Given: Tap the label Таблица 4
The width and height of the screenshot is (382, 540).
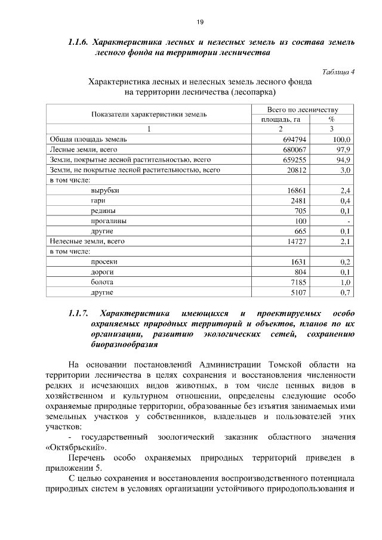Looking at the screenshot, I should [x=338, y=72].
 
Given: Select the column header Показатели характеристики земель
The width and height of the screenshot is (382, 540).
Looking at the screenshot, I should [x=149, y=114].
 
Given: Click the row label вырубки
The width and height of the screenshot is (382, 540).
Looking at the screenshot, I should [x=104, y=190].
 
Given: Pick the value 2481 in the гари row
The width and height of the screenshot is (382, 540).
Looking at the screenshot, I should [x=298, y=200].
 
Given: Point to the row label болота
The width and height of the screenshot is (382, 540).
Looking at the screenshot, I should [x=102, y=282].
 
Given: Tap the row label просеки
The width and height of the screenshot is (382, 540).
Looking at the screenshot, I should [x=104, y=261].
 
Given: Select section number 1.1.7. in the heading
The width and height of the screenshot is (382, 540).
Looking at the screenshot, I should [x=78, y=313].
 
